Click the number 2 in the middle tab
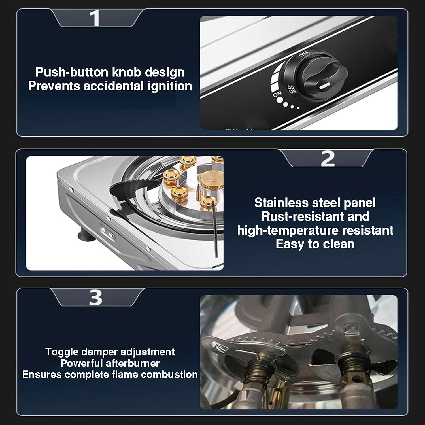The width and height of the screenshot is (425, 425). tap(328, 159)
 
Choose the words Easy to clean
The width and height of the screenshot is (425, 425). tap(315, 244)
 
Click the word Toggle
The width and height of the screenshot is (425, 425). tap(62, 352)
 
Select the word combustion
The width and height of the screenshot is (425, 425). tap(174, 375)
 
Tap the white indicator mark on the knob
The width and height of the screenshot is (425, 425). tap(325, 85)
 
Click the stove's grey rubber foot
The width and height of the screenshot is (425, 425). tap(84, 235)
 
